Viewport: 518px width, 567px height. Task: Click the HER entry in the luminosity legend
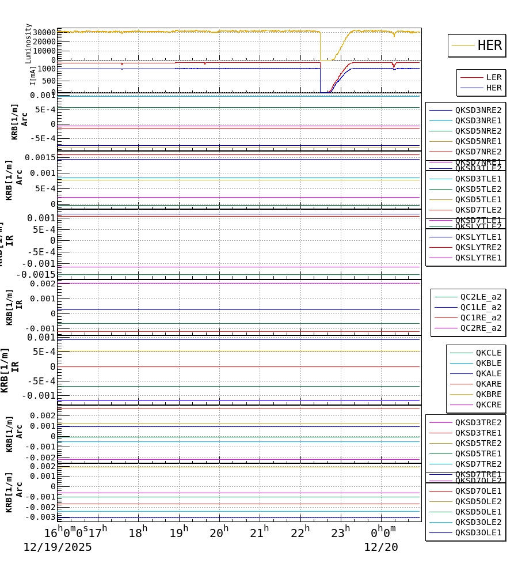[489, 46]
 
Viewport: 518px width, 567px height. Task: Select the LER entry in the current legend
[494, 77]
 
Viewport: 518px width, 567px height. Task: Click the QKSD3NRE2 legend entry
[478, 110]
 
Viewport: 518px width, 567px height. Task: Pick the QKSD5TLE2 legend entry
[478, 189]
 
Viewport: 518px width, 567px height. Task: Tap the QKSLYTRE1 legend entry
[478, 258]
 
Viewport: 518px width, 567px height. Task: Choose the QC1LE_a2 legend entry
[480, 307]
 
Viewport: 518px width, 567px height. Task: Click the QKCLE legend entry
[488, 353]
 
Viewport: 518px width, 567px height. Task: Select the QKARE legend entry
[488, 384]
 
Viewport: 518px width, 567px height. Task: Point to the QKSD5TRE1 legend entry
[478, 453]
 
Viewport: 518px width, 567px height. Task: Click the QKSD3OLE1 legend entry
[478, 532]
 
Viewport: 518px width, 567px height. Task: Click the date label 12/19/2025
[58, 547]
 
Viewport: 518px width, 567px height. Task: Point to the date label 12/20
[380, 547]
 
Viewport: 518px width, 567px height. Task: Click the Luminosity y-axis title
[29, 43]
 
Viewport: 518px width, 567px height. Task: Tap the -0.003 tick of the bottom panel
[40, 517]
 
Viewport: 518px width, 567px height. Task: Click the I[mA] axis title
[33, 75]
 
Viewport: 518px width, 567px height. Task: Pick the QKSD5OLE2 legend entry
[478, 501]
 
